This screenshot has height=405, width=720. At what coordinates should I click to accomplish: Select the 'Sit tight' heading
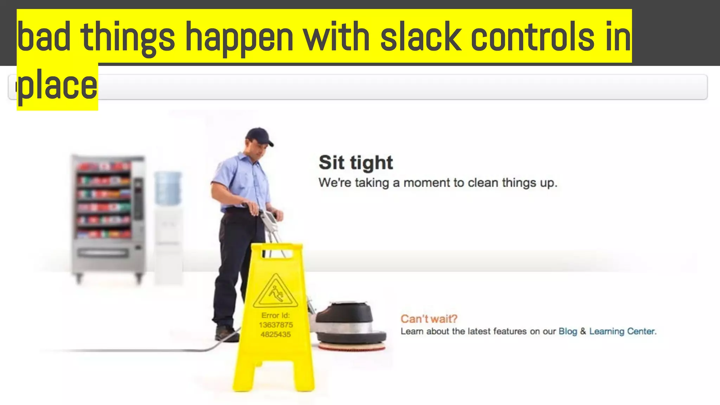[x=355, y=162]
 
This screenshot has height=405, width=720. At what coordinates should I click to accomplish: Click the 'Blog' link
[x=567, y=331]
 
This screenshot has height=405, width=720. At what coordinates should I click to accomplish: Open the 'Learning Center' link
[x=622, y=331]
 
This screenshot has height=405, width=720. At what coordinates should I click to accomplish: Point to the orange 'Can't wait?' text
[x=429, y=319]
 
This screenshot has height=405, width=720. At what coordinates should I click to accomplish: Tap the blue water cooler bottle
[x=168, y=188]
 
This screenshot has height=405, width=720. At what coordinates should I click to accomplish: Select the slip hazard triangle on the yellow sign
[x=275, y=292]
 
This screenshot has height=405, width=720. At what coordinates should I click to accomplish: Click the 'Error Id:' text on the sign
[x=276, y=315]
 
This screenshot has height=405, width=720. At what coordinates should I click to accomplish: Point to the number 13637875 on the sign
[x=276, y=325]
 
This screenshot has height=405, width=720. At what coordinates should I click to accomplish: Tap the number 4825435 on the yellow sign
[x=276, y=334]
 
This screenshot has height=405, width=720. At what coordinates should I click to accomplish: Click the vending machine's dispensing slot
[x=103, y=252]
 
